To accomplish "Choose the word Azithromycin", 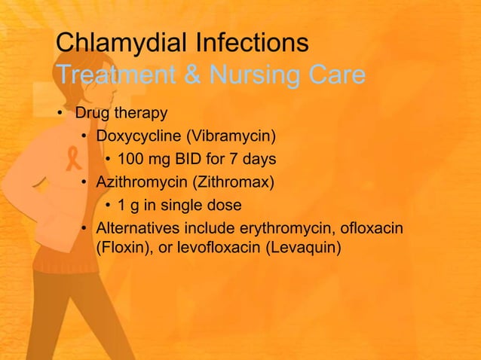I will point(142,182).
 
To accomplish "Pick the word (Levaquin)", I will point(305,246).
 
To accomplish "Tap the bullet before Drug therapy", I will point(60,114).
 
